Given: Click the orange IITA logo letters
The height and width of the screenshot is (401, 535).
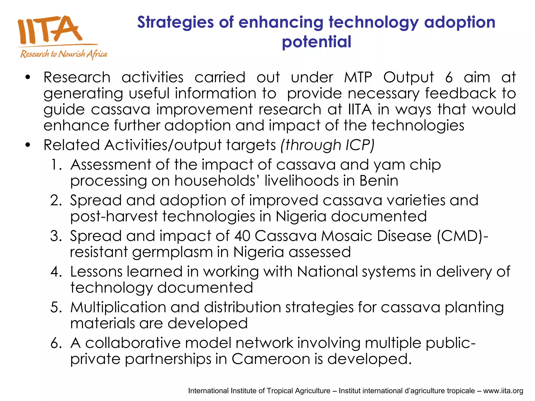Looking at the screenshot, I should point(50,30).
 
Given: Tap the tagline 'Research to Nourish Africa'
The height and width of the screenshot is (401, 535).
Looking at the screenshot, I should point(64,54).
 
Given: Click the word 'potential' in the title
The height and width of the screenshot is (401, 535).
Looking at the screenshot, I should point(316,42).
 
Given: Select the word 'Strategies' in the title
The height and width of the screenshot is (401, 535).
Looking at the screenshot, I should point(175,22).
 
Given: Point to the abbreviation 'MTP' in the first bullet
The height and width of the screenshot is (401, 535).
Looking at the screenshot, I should point(358,77).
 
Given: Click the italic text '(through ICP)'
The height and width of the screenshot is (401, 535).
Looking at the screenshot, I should point(327,145).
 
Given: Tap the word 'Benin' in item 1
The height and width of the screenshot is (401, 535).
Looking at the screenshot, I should point(379,181).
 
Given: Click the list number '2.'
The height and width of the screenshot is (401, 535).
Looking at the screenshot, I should point(56,200).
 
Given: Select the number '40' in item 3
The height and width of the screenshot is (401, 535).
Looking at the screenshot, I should point(242,236).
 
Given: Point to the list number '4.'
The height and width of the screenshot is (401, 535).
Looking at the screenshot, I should point(56,272).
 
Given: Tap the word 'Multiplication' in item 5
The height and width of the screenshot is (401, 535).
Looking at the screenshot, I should point(118,307).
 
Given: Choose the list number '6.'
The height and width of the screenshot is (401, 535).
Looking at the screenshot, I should point(56,343).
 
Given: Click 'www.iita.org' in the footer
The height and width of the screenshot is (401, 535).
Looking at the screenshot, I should point(503,391).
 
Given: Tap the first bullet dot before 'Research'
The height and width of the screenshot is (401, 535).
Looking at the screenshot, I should point(28,78).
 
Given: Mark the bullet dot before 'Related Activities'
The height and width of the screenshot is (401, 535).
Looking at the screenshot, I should point(28,145).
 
